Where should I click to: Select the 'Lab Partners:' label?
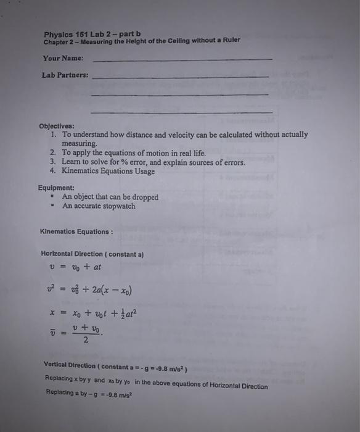[65, 76]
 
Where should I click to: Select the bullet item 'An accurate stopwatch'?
[99, 206]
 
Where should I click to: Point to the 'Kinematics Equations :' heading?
[76, 232]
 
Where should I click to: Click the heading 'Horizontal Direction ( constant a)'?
[92, 254]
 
